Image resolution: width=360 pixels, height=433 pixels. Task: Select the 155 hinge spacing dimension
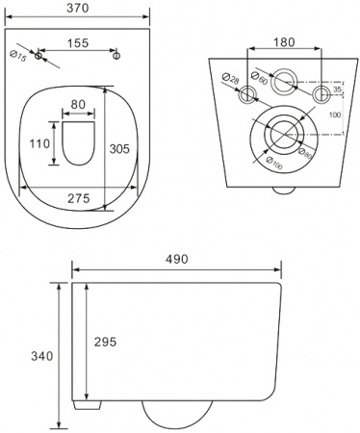point(78,43)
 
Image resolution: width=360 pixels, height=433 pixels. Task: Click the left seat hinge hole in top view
point(39,58)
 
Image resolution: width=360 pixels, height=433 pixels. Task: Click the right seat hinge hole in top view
point(116,58)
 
